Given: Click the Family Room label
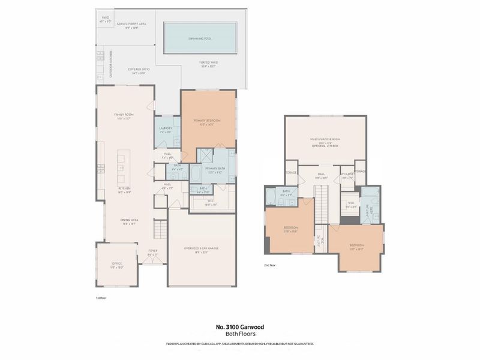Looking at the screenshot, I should [124, 116].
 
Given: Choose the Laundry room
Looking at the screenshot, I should [166, 130].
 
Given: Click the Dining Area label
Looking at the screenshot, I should [125, 221].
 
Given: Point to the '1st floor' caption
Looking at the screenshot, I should [101, 297].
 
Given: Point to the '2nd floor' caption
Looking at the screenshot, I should [270, 265].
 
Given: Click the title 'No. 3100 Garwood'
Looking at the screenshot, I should [239, 327].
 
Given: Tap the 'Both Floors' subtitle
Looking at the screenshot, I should [239, 334].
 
